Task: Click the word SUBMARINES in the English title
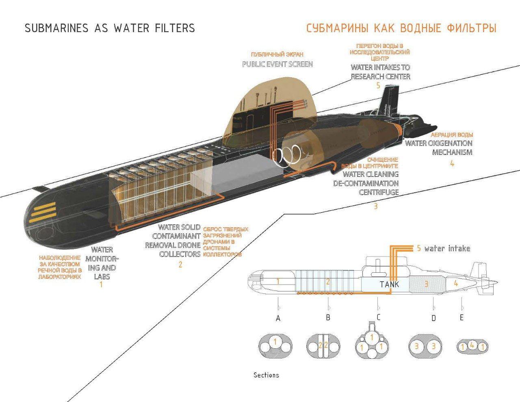click(x=56, y=28)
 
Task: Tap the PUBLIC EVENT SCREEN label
click(x=277, y=64)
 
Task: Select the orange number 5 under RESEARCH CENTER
click(x=378, y=85)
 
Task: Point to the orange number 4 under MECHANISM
click(x=452, y=163)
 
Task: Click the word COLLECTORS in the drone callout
click(x=180, y=254)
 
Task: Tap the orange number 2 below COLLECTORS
click(x=180, y=265)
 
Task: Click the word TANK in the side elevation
click(x=389, y=285)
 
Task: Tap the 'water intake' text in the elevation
click(x=447, y=248)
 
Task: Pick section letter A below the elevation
click(x=278, y=319)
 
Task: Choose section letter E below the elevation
click(x=461, y=317)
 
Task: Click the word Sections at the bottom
click(x=266, y=375)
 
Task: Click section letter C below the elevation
click(x=378, y=317)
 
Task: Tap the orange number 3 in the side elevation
click(x=426, y=284)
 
